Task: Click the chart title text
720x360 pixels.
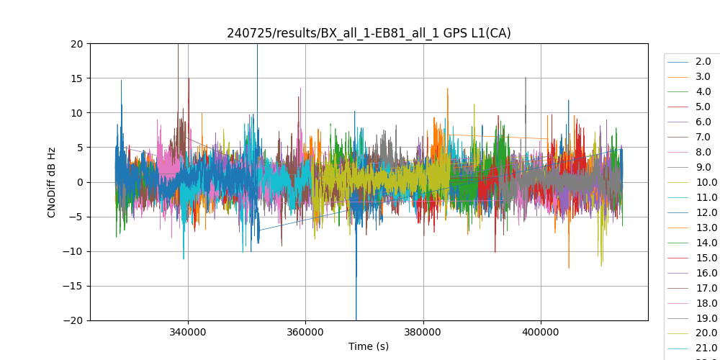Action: click(x=369, y=33)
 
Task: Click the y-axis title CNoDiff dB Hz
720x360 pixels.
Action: click(x=52, y=182)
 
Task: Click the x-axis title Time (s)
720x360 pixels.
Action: click(x=369, y=346)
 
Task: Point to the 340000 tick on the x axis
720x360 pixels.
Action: click(x=188, y=332)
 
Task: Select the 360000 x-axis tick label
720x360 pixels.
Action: click(x=305, y=332)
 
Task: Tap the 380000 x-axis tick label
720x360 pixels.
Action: click(x=423, y=332)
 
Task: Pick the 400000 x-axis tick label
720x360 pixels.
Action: click(x=541, y=332)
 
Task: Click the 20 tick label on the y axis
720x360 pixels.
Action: click(x=77, y=43)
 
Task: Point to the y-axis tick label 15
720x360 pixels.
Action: click(x=77, y=78)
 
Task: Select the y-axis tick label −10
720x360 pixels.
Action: click(x=73, y=251)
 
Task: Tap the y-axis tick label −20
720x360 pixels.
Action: click(x=73, y=320)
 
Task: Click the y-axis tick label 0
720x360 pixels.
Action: click(x=80, y=182)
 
